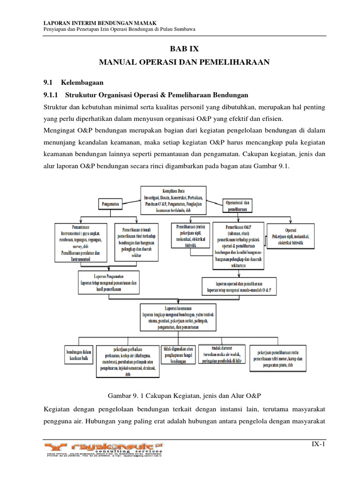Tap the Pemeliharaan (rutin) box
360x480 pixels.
[191, 235]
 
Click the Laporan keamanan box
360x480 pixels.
[180, 318]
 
